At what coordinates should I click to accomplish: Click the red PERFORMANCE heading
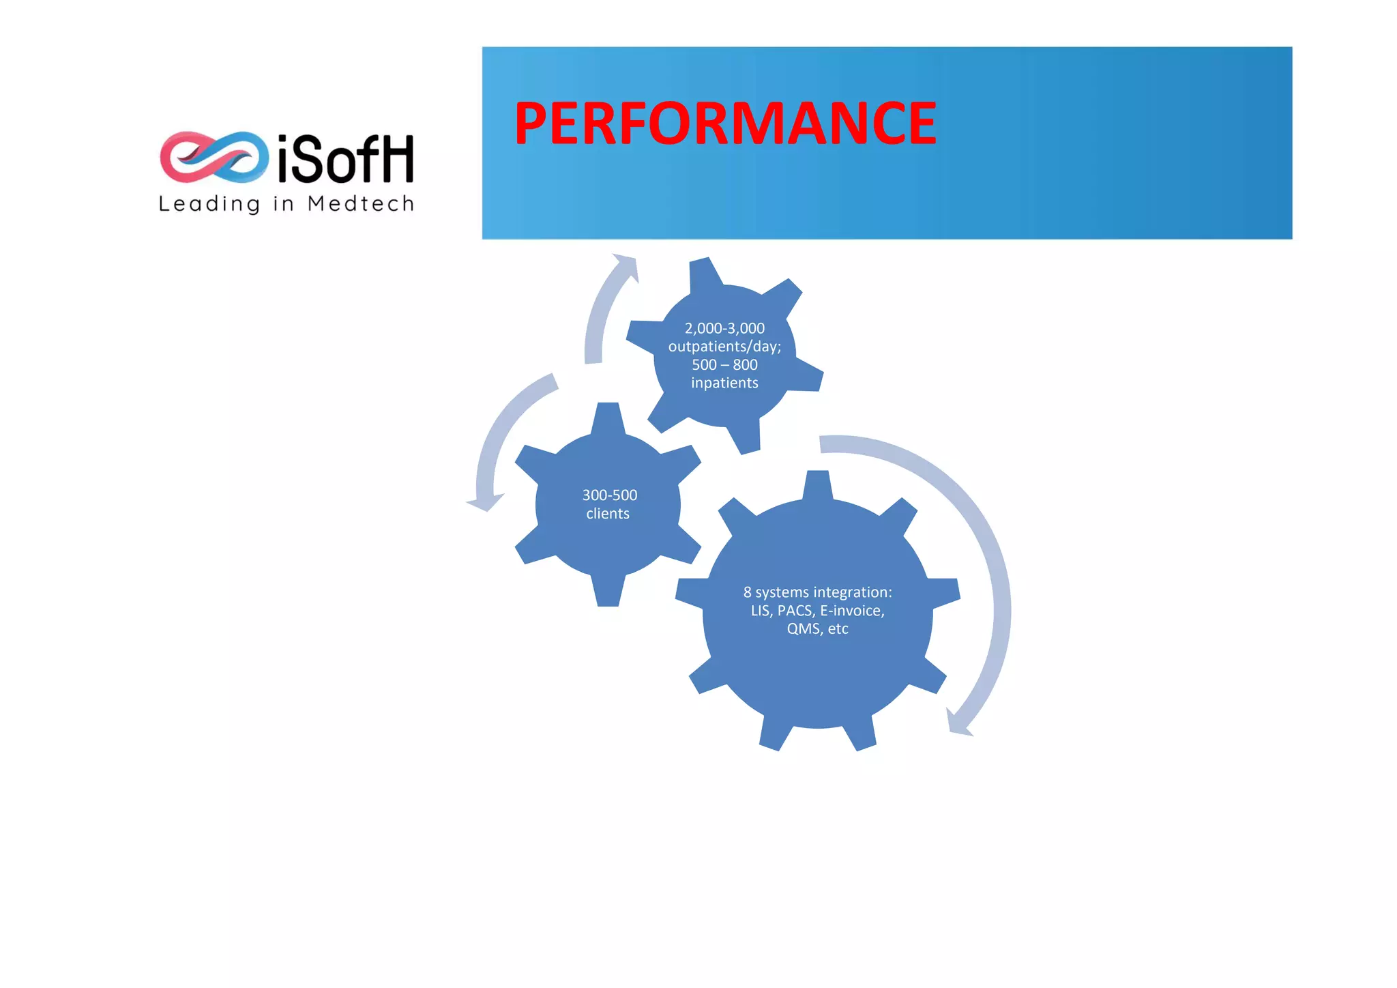coord(725,123)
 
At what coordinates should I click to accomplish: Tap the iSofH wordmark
coord(346,159)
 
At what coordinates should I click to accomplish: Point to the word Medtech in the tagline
coord(361,203)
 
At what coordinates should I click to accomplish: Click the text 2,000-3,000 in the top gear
coord(724,328)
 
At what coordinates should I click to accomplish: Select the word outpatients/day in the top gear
coord(723,347)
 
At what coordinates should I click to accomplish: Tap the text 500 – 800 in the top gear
coord(724,365)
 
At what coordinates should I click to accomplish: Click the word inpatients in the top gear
coord(724,383)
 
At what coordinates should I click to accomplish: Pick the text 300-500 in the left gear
coord(609,495)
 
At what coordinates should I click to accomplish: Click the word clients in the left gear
coord(608,514)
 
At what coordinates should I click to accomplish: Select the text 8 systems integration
coord(817,592)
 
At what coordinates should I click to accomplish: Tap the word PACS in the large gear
coord(795,611)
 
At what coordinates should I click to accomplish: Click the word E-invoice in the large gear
coord(852,611)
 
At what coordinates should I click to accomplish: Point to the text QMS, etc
coord(817,629)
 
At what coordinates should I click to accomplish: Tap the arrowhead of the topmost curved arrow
coord(626,265)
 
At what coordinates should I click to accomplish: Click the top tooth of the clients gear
coord(608,417)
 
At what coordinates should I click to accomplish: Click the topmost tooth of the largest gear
coord(817,484)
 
